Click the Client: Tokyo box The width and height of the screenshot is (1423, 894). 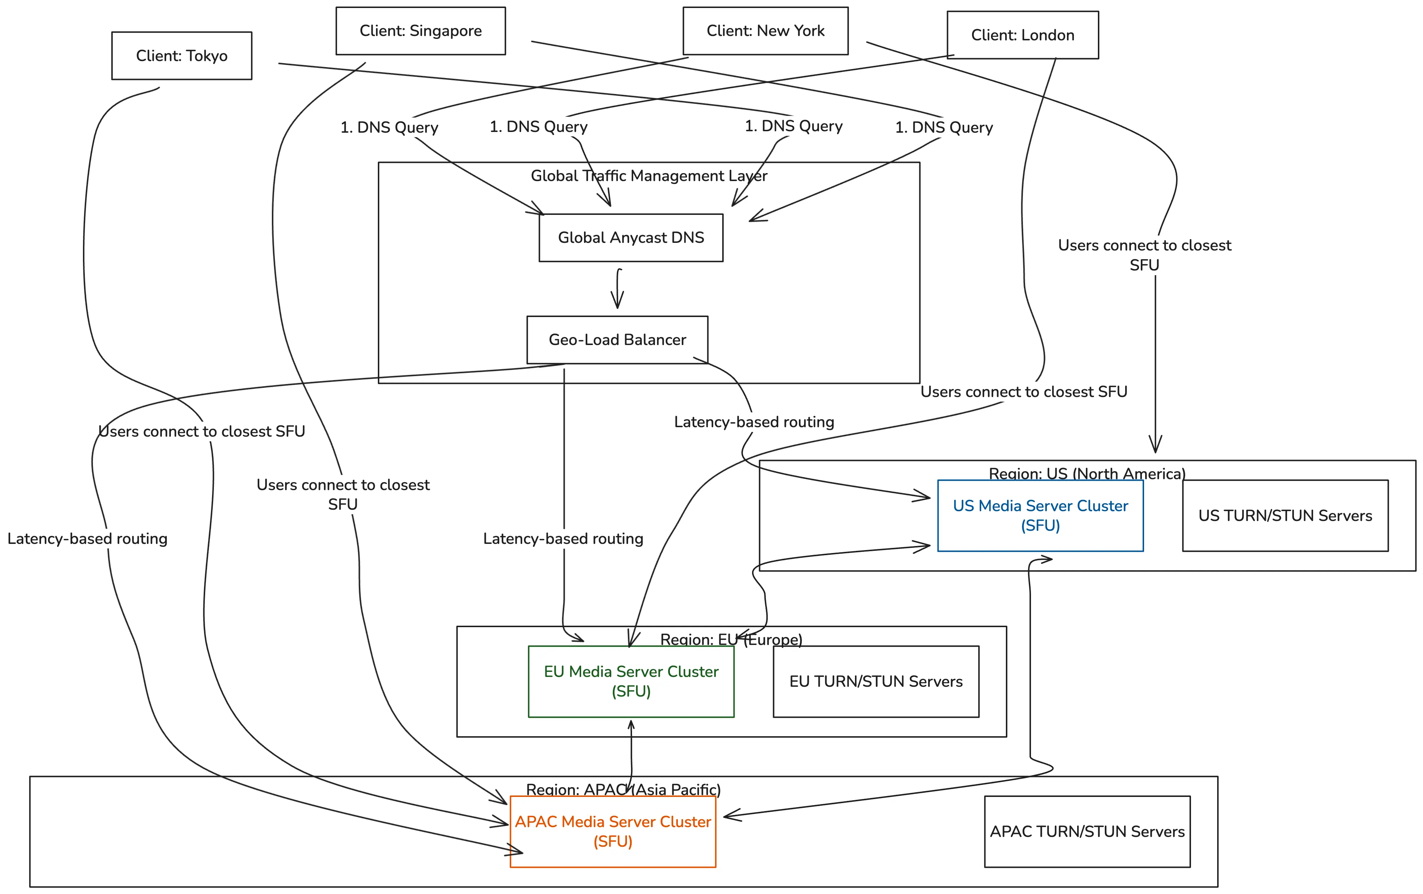[x=181, y=56]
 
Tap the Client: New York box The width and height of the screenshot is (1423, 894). [x=765, y=31]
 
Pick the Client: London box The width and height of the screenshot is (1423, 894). [x=1022, y=35]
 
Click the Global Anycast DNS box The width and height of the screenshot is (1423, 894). [x=631, y=237]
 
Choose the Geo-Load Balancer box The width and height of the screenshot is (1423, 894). [x=617, y=340]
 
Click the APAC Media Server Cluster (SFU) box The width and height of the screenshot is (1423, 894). [x=612, y=831]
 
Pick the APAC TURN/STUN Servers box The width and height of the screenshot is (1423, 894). [x=1087, y=831]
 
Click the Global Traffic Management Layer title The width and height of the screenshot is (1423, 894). [x=649, y=176]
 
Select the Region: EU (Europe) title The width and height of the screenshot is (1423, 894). [x=731, y=640]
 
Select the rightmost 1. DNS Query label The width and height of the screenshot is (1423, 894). [x=944, y=128]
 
